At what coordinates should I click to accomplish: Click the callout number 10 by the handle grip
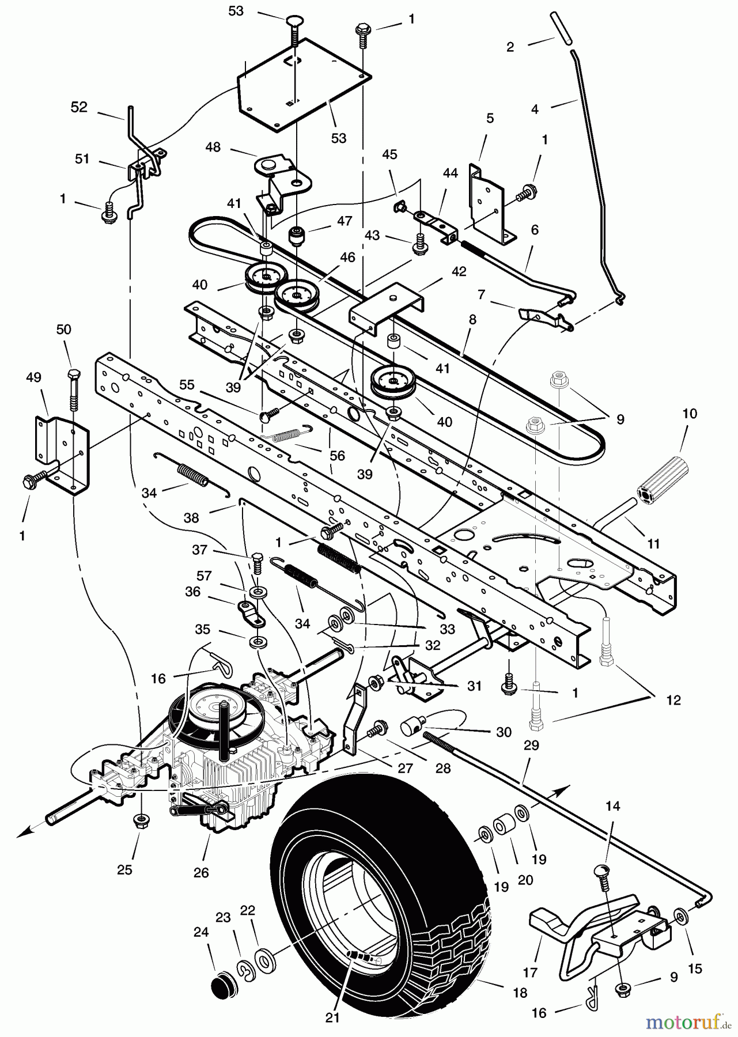point(689,414)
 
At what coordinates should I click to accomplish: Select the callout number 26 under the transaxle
point(200,873)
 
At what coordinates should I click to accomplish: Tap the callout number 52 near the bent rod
point(79,108)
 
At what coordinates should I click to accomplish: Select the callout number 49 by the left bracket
point(33,377)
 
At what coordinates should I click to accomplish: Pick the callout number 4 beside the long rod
point(535,109)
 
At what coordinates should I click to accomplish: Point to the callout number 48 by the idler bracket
point(213,147)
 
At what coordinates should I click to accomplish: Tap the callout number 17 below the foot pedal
point(529,972)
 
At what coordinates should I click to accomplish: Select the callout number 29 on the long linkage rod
point(531,745)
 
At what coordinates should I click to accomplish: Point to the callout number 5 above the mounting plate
point(490,119)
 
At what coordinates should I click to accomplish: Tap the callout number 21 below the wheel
point(332,1017)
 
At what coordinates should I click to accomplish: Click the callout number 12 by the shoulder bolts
point(673,701)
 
